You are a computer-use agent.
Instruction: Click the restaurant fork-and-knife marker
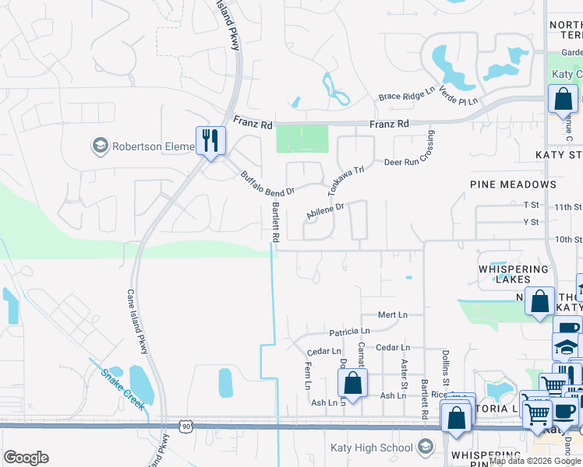pos(210,140)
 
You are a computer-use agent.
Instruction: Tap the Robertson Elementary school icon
pos(100,146)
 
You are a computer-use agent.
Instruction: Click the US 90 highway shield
pos(185,426)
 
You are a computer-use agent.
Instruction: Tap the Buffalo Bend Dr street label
pos(267,184)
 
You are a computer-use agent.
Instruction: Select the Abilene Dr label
pos(325,210)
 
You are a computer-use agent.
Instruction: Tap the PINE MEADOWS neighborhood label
pos(513,184)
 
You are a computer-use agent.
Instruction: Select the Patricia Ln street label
pos(348,332)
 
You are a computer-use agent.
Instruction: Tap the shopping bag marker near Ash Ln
pos(352,384)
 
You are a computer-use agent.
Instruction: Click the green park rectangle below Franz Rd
pos(302,140)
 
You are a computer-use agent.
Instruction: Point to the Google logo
pos(26,458)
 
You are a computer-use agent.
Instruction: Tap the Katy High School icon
pos(425,447)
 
